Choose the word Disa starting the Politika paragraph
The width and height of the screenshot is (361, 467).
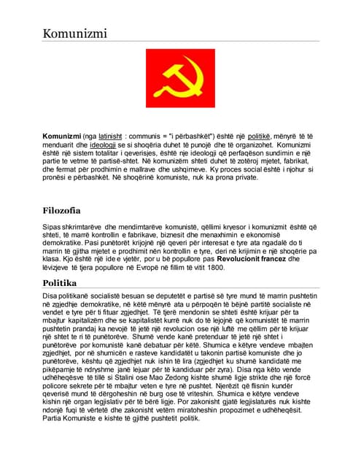51,296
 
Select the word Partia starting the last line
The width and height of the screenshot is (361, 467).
53,417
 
